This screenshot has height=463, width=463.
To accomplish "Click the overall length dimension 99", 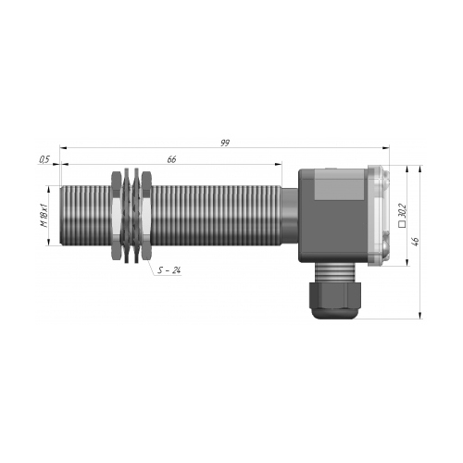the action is pyautogui.click(x=225, y=143).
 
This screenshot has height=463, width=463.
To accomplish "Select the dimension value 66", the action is pyautogui.click(x=171, y=159).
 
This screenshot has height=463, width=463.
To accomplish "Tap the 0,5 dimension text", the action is pyautogui.click(x=44, y=159).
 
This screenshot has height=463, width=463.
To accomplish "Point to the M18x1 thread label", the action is pyautogui.click(x=44, y=216).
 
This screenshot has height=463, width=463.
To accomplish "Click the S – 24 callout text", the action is pyautogui.click(x=169, y=270).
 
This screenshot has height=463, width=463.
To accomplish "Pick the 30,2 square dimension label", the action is pyautogui.click(x=403, y=210).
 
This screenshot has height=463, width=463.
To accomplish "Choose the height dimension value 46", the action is pyautogui.click(x=416, y=242).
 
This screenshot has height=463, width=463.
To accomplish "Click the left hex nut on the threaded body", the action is pyautogui.click(x=116, y=216).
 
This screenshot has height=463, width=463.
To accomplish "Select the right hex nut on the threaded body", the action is pyautogui.click(x=146, y=216).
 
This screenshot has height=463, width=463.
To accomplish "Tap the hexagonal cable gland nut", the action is pyautogui.click(x=335, y=294).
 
